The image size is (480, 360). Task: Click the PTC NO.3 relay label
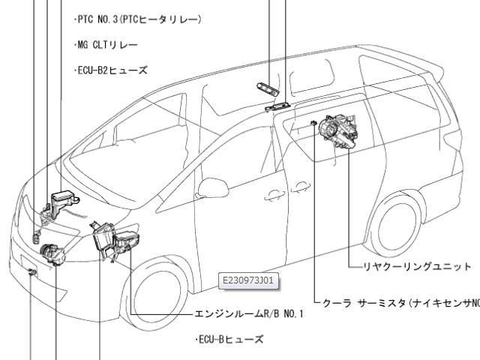(138, 20)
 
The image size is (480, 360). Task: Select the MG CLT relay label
(106, 45)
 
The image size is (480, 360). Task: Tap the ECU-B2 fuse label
(111, 70)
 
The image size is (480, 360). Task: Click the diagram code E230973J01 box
(248, 280)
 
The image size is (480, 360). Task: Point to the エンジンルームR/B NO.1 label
(249, 314)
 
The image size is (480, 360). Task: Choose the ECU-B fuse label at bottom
(229, 340)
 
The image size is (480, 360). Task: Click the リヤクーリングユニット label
(417, 267)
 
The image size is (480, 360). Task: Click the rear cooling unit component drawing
(338, 131)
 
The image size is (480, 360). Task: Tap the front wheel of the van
(155, 294)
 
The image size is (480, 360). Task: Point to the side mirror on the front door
(213, 187)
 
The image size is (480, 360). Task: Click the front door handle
(274, 196)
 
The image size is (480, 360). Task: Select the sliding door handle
(301, 187)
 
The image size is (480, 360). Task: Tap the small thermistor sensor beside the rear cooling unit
(313, 123)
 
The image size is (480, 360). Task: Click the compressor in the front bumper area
(52, 255)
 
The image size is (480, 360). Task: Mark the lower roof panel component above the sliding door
(277, 106)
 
